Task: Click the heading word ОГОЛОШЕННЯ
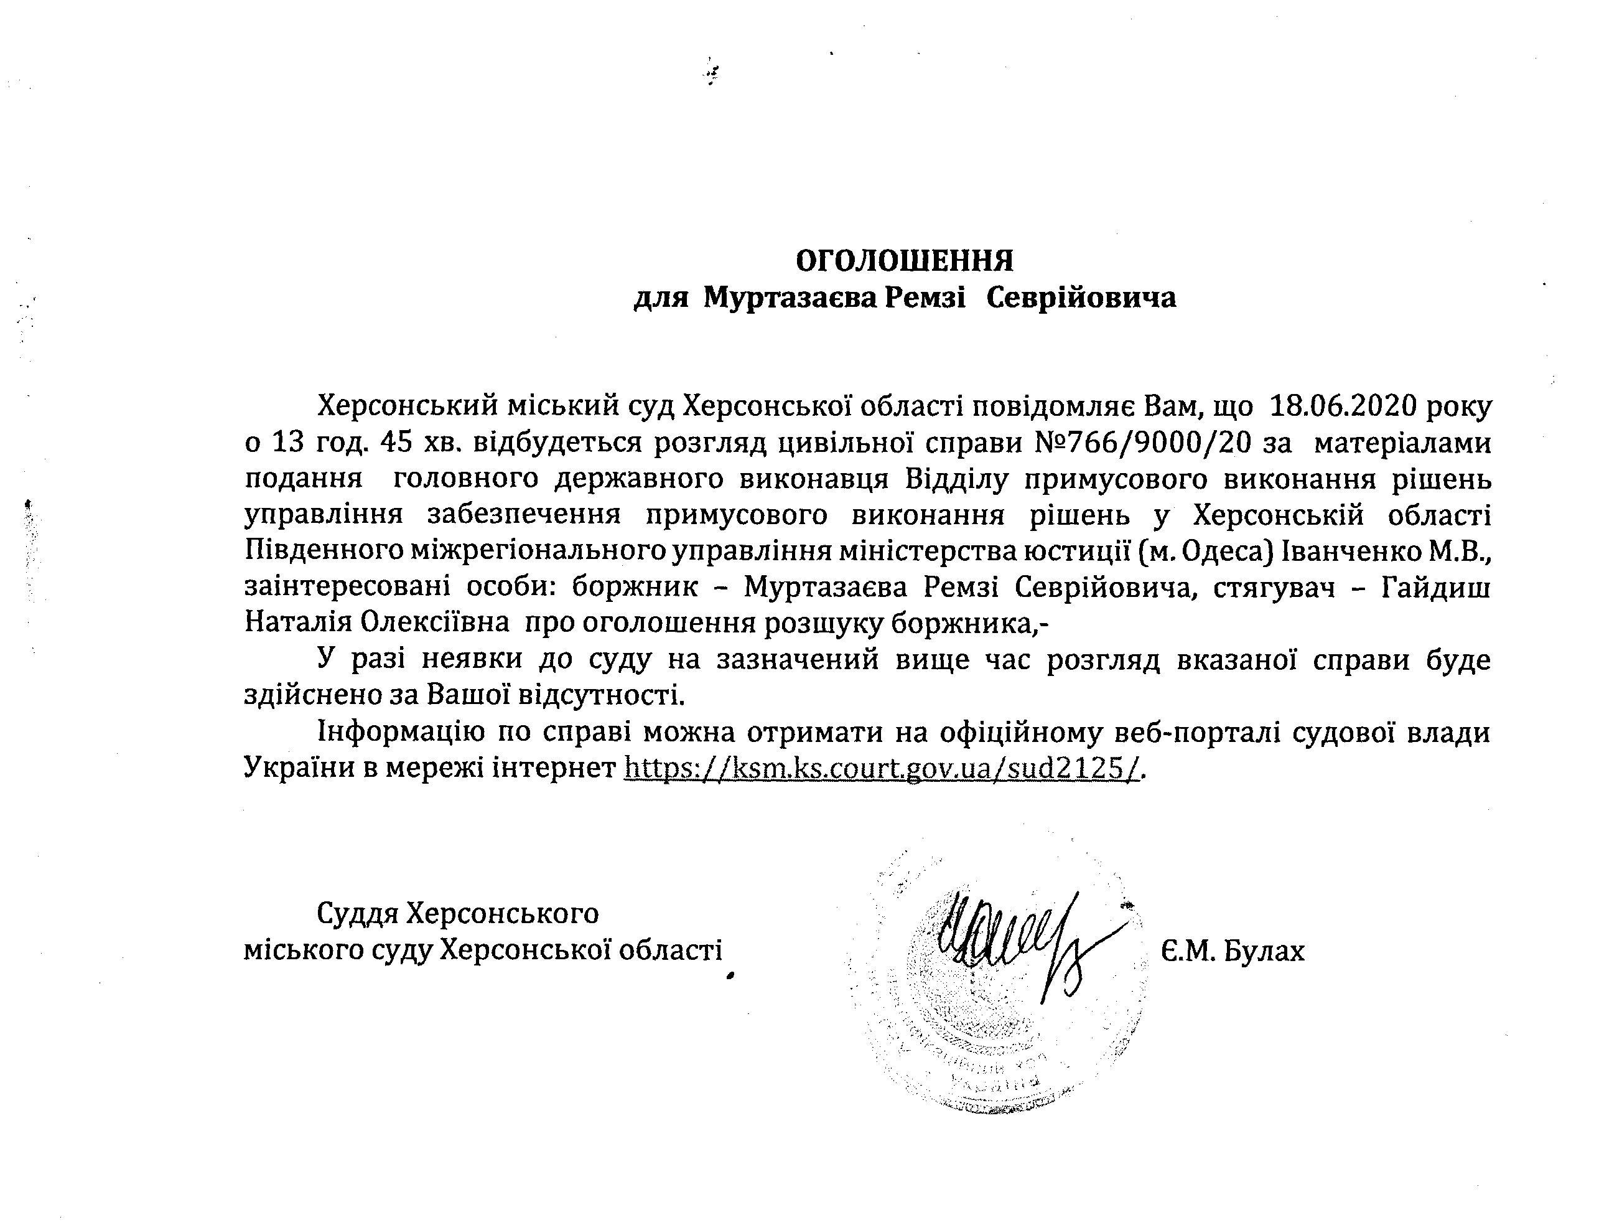pos(905,260)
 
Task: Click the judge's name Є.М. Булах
pos(1233,951)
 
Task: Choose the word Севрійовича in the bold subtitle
pos(1081,298)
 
